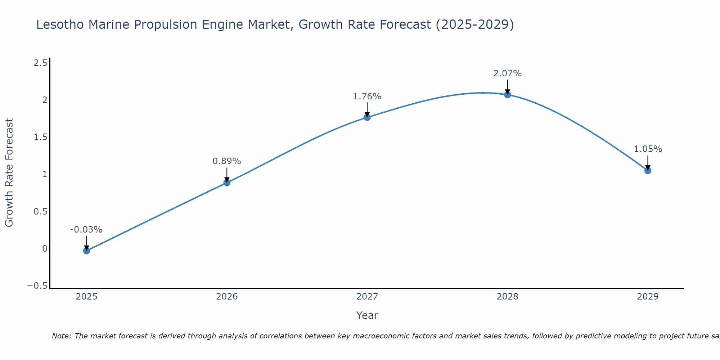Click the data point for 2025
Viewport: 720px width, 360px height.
pos(86,251)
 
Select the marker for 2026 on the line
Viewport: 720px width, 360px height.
pos(227,183)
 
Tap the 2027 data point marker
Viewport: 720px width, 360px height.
pos(367,117)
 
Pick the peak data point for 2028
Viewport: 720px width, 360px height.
pos(507,95)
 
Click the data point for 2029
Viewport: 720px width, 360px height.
pos(648,170)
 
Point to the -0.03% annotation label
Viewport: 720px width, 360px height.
pos(86,230)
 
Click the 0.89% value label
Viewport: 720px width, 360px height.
pos(226,161)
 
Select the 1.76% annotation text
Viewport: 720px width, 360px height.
pos(367,96)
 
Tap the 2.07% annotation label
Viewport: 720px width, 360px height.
pos(507,73)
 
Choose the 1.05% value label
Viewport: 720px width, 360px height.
pos(648,149)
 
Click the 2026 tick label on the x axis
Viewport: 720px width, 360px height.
pos(227,297)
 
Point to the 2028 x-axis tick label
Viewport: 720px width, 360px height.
pos(507,297)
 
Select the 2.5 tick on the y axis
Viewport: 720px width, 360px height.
pos(40,63)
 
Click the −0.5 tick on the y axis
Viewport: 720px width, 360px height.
pos(37,286)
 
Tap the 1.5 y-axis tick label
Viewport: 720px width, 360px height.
pos(40,137)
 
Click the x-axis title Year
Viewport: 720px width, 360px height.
pos(367,316)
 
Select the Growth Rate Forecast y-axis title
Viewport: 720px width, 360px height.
pos(9,173)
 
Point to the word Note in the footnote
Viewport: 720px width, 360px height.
pos(62,336)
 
